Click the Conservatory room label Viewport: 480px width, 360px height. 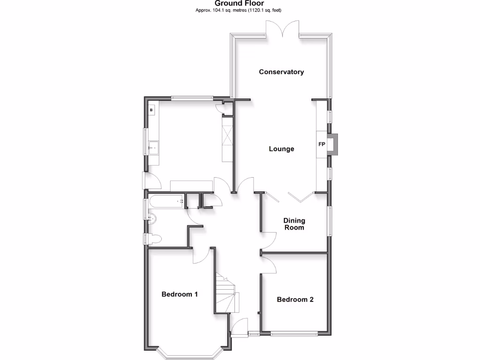(x=281, y=72)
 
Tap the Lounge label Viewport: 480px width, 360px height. (x=281, y=149)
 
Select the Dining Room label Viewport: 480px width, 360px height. (x=294, y=224)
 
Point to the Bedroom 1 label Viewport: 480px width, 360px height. (x=180, y=294)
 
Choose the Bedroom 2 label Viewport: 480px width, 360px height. (x=295, y=300)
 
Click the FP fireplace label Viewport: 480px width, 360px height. (x=322, y=144)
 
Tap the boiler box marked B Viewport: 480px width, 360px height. (x=151, y=110)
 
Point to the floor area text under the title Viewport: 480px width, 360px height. (x=241, y=10)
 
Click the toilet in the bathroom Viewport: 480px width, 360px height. (x=155, y=239)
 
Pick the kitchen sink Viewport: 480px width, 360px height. (x=153, y=148)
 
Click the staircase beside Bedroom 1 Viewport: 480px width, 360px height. (x=225, y=293)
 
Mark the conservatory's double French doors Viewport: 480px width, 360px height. (x=283, y=29)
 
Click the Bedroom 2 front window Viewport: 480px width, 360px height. (x=294, y=334)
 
